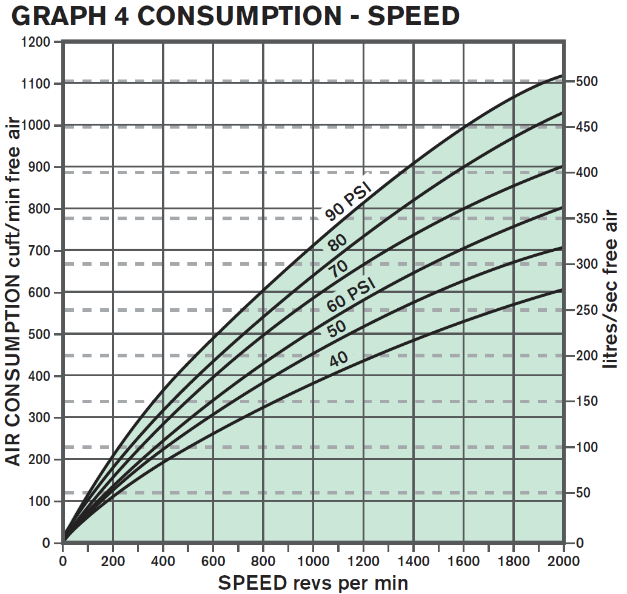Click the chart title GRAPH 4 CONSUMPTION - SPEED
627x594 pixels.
point(235,16)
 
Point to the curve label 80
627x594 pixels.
point(337,242)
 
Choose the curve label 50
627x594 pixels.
point(337,328)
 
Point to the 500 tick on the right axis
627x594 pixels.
point(587,81)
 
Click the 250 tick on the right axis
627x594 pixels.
point(587,310)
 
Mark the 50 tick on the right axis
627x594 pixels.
point(583,493)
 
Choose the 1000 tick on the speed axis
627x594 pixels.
point(313,559)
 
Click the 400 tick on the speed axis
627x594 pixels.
point(163,559)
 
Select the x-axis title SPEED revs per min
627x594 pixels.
point(313,582)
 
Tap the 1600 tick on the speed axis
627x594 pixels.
point(463,559)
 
